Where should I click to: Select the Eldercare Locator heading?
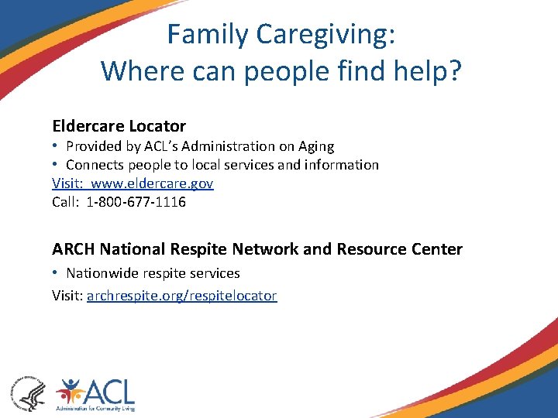[119, 125]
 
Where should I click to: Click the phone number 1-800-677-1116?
[136, 202]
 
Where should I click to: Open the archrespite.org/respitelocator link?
[181, 296]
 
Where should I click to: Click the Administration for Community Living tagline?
[96, 410]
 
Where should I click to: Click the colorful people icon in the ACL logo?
[72, 391]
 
